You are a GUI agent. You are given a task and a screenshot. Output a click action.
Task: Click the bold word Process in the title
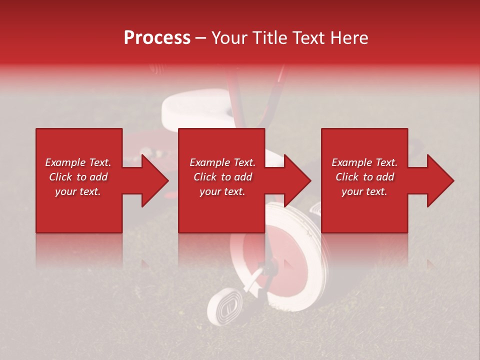[157, 38]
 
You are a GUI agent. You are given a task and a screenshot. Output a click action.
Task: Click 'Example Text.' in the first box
[78, 162]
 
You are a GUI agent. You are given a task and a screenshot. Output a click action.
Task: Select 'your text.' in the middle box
[222, 191]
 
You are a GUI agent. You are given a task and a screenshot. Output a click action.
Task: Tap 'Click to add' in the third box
[365, 177]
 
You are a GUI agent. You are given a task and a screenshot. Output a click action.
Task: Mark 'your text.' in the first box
[78, 191]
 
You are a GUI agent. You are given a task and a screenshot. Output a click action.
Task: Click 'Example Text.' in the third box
[365, 162]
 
